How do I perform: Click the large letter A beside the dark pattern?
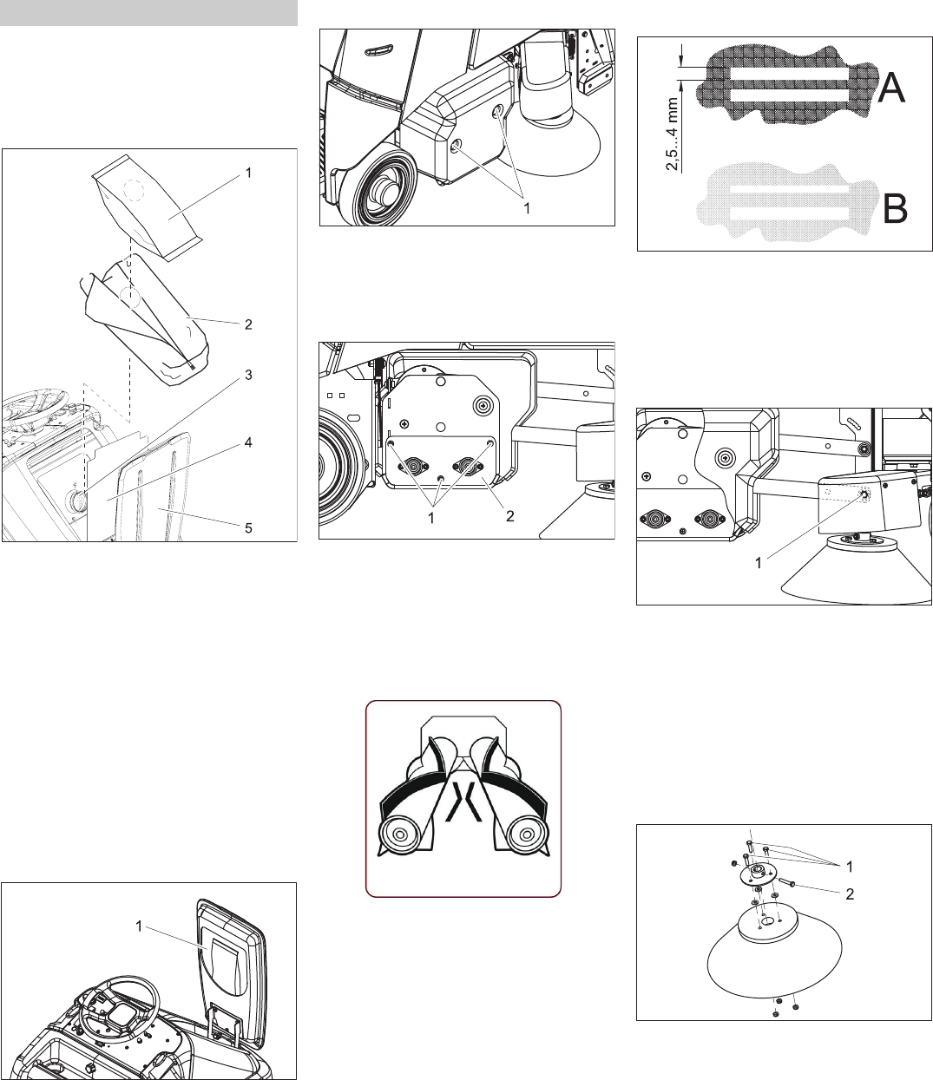(x=890, y=88)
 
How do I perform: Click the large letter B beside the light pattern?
(x=896, y=208)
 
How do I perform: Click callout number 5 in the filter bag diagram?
(x=249, y=527)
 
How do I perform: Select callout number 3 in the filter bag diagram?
(x=249, y=375)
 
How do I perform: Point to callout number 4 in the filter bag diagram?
(x=249, y=442)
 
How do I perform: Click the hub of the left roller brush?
(x=400, y=834)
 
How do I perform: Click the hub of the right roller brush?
(x=526, y=834)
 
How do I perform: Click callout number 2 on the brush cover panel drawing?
(x=509, y=516)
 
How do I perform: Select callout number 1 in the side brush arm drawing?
(x=758, y=563)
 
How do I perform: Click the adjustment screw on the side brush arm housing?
(x=864, y=494)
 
